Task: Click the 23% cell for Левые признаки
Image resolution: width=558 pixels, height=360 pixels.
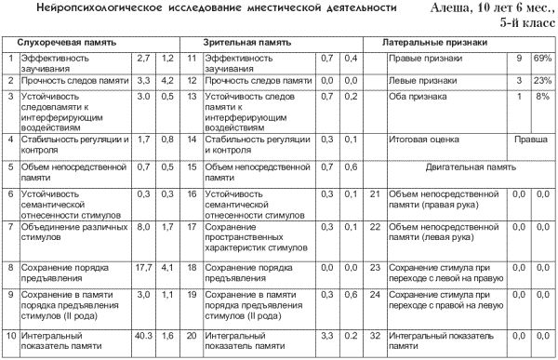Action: pyautogui.click(x=542, y=81)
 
